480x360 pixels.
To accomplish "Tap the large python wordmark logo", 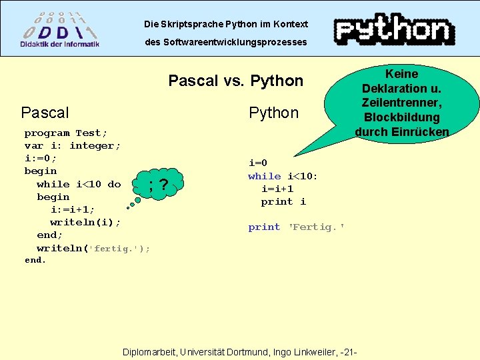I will click(394, 30).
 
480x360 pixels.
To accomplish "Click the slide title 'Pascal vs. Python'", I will click(236, 81).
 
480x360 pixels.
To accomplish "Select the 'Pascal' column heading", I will click(45, 113).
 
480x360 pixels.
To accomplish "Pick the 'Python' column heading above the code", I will click(273, 113).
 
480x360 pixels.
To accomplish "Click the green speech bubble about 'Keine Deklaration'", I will click(401, 103).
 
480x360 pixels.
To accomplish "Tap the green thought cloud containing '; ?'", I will click(158, 184).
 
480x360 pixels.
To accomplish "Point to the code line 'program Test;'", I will click(66, 133).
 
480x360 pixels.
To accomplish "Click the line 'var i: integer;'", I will click(73, 145).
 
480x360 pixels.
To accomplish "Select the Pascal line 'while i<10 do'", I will click(79, 184).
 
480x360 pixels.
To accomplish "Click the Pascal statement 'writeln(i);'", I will click(85, 222).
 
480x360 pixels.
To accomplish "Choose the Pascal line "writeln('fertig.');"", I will click(93, 248).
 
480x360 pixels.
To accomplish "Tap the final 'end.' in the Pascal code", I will click(35, 260).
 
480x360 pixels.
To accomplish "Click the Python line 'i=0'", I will click(257, 163).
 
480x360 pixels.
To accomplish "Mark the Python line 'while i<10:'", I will click(283, 176).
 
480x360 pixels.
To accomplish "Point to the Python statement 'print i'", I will click(283, 201).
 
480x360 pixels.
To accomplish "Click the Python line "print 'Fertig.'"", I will click(297, 227).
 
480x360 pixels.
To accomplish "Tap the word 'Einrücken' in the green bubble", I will click(421, 131).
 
